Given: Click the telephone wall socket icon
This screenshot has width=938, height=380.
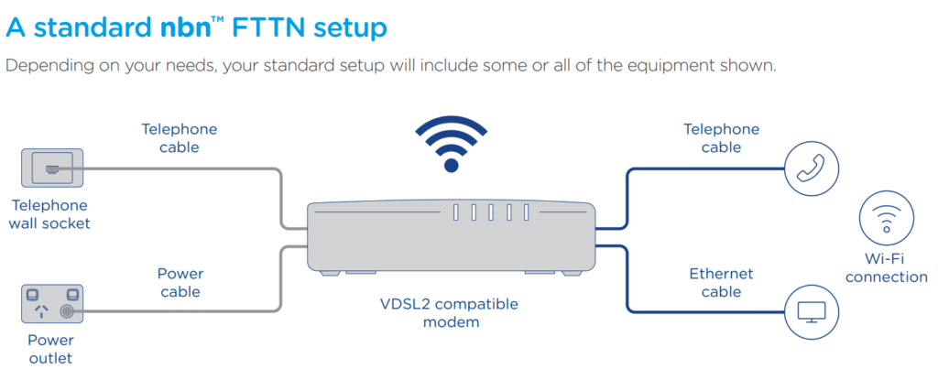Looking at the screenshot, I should tap(52, 168).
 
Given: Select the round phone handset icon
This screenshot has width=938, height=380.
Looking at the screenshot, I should tap(812, 168).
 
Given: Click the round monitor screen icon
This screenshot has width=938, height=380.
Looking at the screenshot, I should tap(812, 310).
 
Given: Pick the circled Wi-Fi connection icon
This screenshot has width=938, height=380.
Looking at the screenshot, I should tap(886, 220).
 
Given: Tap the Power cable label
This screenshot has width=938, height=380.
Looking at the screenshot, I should tap(180, 282).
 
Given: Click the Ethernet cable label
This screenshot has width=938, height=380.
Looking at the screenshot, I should tap(721, 282).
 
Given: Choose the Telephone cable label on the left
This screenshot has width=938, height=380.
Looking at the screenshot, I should tap(179, 137).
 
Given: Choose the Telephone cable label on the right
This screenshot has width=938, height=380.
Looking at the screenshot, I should tap(721, 137).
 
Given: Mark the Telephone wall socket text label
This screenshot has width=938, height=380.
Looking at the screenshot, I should tap(51, 214).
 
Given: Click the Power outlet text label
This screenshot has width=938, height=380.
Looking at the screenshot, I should tap(50, 348).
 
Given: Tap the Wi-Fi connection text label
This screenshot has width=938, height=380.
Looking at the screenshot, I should tap(886, 268).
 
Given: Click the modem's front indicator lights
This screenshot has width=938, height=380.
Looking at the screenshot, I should tap(491, 213).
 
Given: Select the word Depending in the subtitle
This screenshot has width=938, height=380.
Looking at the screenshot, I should tap(47, 67).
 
